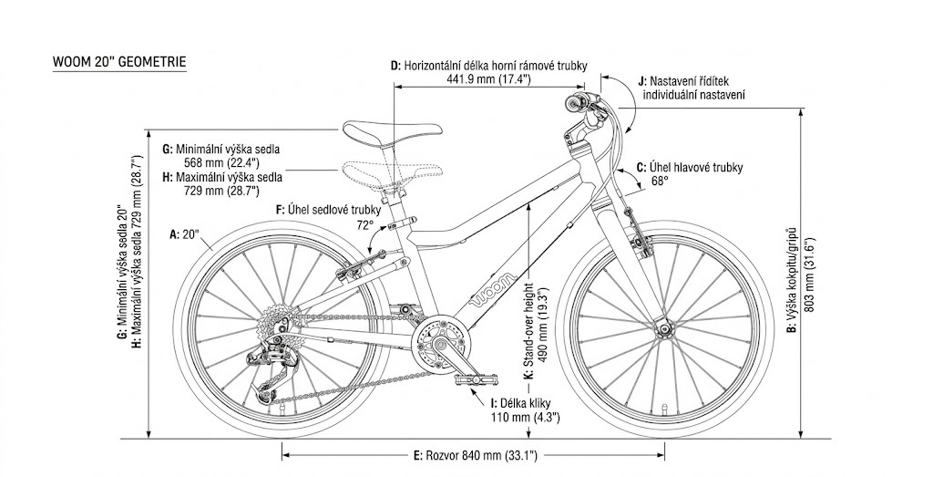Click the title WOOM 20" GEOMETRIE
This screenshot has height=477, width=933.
pos(120,62)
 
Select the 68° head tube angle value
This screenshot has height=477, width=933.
pos(660,181)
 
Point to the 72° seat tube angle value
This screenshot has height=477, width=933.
pos(364,224)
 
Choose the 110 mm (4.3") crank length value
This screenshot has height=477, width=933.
pos(524,416)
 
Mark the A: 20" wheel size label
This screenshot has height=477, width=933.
pos(186,234)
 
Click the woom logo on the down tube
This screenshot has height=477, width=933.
pos(493,287)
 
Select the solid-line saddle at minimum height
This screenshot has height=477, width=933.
pos(373,132)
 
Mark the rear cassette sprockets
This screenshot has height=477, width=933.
pos(272,322)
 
